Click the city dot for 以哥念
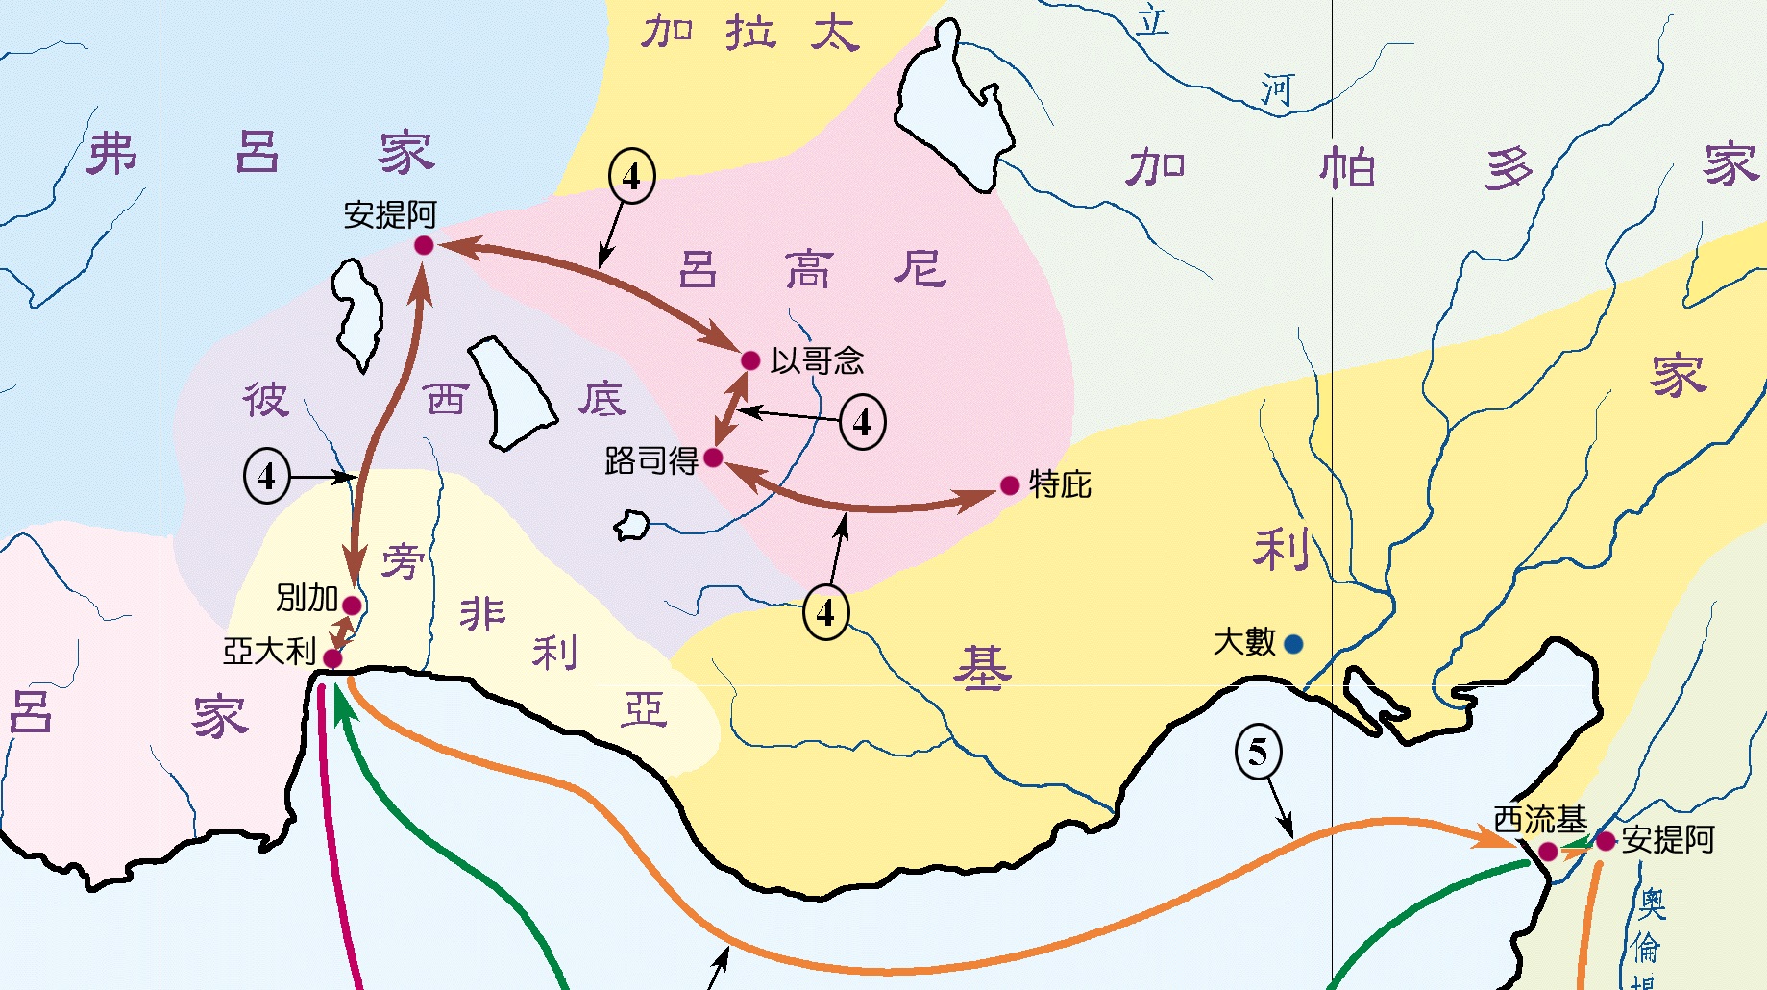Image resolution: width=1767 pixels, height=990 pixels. [750, 360]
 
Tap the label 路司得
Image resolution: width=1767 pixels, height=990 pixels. [650, 460]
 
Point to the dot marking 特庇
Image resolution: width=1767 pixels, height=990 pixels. [1010, 485]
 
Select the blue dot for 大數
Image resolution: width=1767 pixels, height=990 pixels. [1293, 644]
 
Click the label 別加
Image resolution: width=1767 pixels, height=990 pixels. [307, 598]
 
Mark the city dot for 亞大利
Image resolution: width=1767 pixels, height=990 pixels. [332, 658]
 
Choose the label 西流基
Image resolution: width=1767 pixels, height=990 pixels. [1539, 820]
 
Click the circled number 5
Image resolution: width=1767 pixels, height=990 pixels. [1258, 752]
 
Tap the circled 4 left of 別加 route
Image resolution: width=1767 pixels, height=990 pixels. [266, 476]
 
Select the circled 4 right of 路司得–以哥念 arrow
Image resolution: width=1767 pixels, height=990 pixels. [862, 422]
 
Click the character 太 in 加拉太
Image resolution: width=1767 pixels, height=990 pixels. [833, 33]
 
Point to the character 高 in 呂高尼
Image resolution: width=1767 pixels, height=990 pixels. [807, 269]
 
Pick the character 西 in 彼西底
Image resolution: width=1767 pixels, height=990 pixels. [446, 398]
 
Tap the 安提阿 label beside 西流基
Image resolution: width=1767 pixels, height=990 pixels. [1668, 840]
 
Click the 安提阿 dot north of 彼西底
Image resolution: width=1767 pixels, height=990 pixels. [424, 246]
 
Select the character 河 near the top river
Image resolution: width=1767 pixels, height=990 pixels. [1277, 90]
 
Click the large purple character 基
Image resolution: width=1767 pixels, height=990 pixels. [982, 669]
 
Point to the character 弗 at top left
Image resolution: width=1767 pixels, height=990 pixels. [111, 154]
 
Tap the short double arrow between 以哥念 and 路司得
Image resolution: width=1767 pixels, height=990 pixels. [731, 408]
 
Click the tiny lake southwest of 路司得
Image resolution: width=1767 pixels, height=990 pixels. [631, 526]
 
